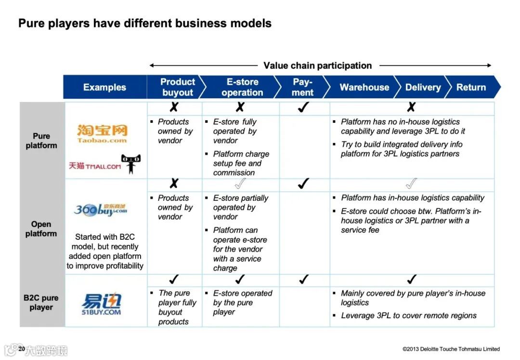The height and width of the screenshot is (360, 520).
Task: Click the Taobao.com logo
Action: pos(102,133)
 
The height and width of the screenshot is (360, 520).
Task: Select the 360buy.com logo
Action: pos(101,209)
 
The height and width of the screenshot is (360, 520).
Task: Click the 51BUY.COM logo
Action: pos(101,305)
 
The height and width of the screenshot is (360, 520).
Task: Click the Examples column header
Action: pos(104,87)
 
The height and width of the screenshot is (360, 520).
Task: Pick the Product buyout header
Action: pos(177,87)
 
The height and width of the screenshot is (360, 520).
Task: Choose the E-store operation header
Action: pos(242,87)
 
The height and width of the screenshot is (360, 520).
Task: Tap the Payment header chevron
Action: pos(302,87)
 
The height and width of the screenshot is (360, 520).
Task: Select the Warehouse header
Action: pos(364,87)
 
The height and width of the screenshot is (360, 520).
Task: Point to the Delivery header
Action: pos(423,87)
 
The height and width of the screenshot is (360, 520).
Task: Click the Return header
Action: pos(471,87)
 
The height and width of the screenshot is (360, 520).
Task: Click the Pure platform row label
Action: pos(41,141)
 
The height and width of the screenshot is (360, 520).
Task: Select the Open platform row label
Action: pos(41,229)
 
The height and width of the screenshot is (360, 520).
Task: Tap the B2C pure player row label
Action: pos(41,302)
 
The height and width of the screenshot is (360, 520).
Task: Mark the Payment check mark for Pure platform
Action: pos(303,108)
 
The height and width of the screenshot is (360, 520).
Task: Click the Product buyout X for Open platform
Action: pos(174,183)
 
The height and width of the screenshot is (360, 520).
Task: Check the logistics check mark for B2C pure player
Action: pos(411,279)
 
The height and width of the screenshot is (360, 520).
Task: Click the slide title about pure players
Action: pos(144,23)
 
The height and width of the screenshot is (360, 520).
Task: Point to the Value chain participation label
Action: pos(318,65)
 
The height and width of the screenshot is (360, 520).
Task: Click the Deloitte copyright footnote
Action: pos(451,349)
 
